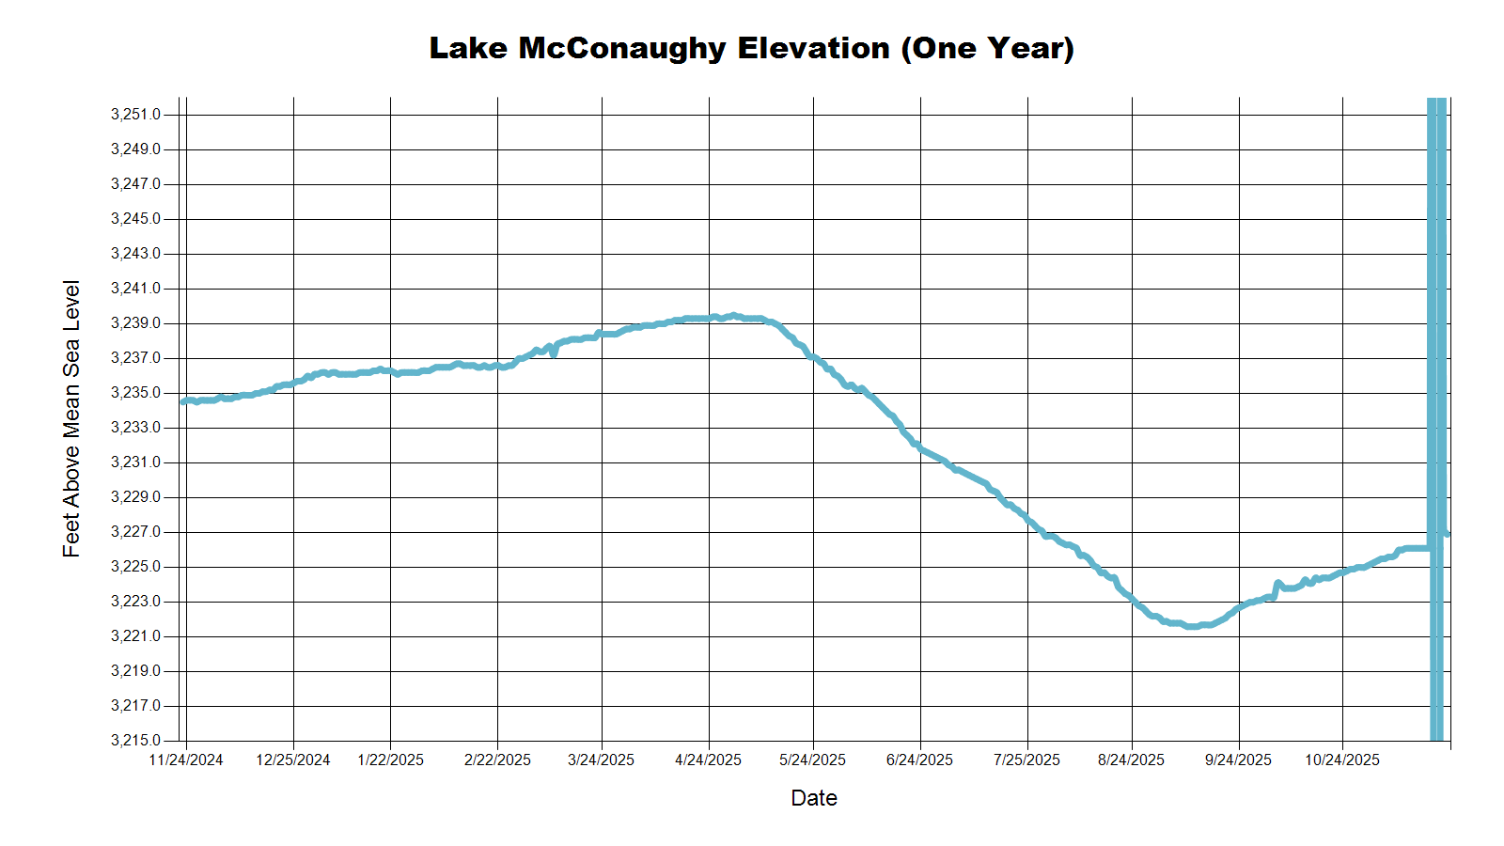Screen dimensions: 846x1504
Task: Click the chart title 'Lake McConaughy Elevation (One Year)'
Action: pos(751,48)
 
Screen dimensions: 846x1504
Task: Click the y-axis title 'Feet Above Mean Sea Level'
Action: pos(71,418)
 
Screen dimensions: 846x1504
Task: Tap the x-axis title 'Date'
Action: pos(814,798)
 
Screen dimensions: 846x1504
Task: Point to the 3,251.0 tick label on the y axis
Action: pos(135,115)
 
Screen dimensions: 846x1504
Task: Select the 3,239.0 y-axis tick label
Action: pos(135,323)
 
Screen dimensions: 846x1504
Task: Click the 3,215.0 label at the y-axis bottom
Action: pos(135,741)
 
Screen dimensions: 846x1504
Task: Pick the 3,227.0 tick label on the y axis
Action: pos(135,532)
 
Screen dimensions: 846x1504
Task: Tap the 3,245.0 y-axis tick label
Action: pos(135,219)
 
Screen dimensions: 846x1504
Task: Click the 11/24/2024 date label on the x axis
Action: pos(186,760)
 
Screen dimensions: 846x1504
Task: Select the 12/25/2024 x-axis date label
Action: pos(293,760)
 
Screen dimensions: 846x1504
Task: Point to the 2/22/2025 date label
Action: pos(497,760)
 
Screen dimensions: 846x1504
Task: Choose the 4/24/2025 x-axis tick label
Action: pos(708,760)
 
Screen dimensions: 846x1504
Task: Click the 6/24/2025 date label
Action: pos(919,760)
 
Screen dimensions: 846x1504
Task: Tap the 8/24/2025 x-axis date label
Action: pos(1131,760)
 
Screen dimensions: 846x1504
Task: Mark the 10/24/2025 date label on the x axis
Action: pos(1342,760)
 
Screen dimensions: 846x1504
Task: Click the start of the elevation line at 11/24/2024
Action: pos(184,401)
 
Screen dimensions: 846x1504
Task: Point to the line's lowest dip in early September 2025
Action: pos(1192,626)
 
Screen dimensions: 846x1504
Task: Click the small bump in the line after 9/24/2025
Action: pos(1278,584)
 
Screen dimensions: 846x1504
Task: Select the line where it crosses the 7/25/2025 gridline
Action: pos(1027,519)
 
